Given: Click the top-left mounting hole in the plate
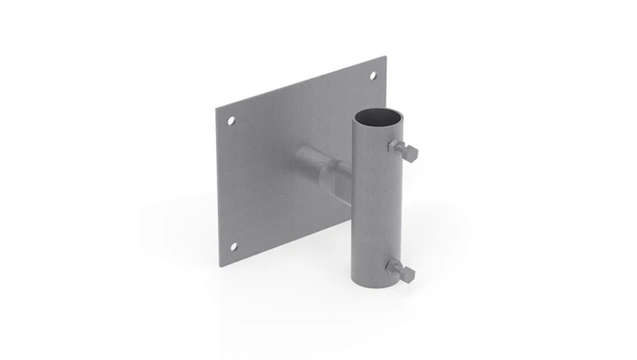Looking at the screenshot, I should point(231,119).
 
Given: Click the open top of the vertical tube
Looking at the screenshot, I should point(376,115).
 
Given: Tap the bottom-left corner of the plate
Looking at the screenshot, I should point(221,262).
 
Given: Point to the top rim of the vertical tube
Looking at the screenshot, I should point(376,108).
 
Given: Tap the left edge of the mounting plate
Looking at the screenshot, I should point(219,186).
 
